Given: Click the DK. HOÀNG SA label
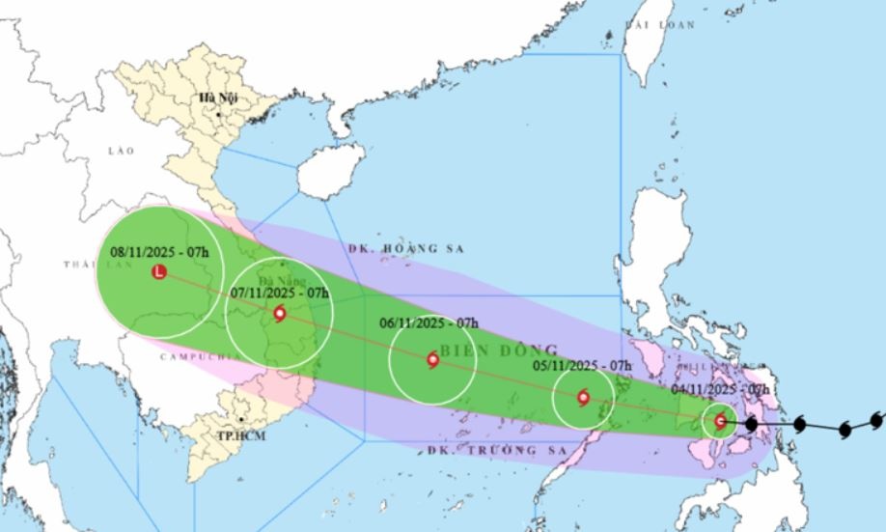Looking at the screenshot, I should tap(406, 248).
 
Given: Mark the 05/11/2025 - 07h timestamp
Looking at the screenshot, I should tap(582, 365).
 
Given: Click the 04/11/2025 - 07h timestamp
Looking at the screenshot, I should tap(721, 388).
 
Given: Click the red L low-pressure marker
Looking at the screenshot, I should tap(159, 272).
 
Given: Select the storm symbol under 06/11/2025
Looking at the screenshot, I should tap(432, 360).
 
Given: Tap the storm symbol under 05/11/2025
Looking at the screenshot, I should tap(583, 397).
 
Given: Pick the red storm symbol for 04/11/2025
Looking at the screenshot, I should tap(720, 421).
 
